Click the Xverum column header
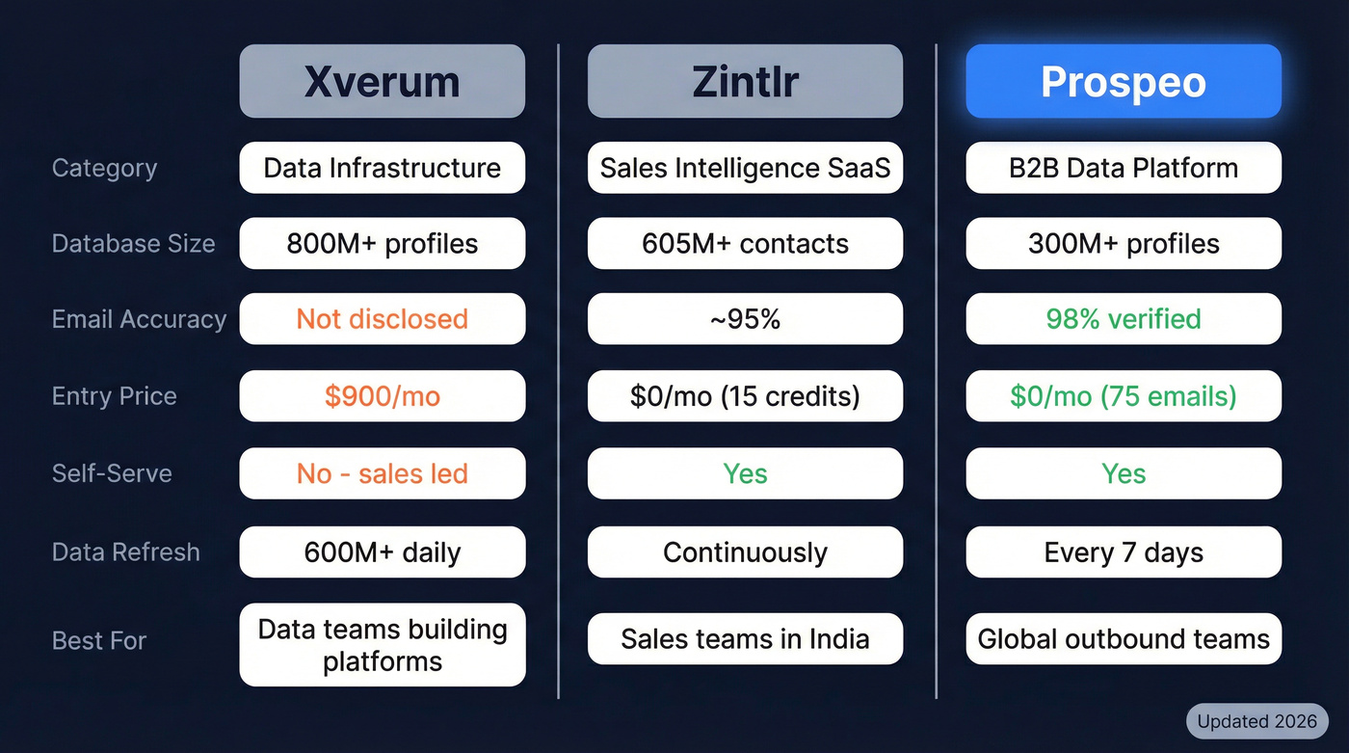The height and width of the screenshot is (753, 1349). pyautogui.click(x=382, y=82)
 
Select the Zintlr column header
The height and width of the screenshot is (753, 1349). pyautogui.click(x=745, y=82)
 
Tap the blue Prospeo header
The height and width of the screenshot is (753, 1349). pyautogui.click(x=1124, y=82)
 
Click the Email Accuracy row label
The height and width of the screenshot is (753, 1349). pyautogui.click(x=139, y=319)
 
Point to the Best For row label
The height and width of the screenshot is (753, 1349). pyautogui.click(x=98, y=640)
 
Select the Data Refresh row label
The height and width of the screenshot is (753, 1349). pyautogui.click(x=125, y=552)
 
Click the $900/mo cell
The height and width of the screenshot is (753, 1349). pyautogui.click(x=382, y=396)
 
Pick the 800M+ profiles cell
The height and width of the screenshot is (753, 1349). pyautogui.click(x=382, y=243)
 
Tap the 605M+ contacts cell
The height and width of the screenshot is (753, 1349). pyautogui.click(x=745, y=243)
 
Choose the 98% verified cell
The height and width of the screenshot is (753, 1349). pyautogui.click(x=1124, y=319)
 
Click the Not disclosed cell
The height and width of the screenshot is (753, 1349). pyautogui.click(x=382, y=319)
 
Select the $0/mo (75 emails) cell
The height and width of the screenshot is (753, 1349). pyautogui.click(x=1124, y=396)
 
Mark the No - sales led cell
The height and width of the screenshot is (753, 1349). pyautogui.click(x=382, y=473)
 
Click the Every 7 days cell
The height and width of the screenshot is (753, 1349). pyautogui.click(x=1124, y=552)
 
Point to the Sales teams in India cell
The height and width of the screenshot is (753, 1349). pyautogui.click(x=745, y=639)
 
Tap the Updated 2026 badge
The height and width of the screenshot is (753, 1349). pyautogui.click(x=1256, y=721)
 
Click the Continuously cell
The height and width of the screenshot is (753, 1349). pyautogui.click(x=745, y=552)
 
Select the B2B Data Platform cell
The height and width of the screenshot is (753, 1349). pyautogui.click(x=1124, y=168)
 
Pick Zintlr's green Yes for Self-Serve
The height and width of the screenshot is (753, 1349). pyautogui.click(x=745, y=473)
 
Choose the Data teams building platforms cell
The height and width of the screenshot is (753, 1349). pyautogui.click(x=382, y=645)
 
